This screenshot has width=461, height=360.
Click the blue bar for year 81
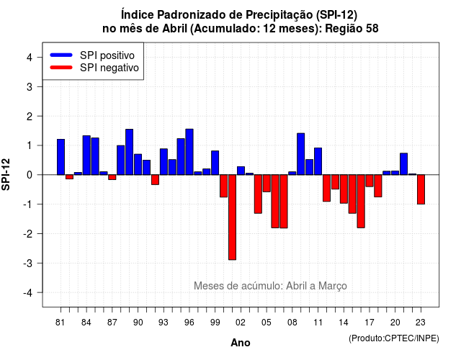coord(61,157)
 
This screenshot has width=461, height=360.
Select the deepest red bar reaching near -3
coord(232,217)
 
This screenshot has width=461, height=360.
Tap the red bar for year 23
coord(421,189)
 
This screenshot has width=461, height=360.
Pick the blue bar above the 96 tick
coord(189,152)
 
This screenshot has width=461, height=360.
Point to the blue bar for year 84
coord(86,156)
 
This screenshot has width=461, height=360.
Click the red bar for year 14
coord(344,189)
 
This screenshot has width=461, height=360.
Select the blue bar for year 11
coord(318,161)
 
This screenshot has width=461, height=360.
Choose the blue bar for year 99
coord(215,163)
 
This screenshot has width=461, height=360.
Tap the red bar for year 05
coord(267,183)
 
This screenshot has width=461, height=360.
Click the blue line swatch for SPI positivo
coord(61,55)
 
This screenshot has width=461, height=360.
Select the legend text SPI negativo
coord(109,68)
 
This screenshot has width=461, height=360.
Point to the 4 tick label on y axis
coord(30,58)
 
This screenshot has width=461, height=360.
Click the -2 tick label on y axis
coord(28,233)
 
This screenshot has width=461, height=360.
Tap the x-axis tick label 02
coord(241,323)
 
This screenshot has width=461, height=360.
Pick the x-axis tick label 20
coord(395,323)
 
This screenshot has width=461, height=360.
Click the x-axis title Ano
coord(241,343)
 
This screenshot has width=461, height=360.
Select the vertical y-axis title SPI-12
coord(6,174)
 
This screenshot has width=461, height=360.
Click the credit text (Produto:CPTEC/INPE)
coord(394,338)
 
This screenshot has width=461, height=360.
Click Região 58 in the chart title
coord(352,29)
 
